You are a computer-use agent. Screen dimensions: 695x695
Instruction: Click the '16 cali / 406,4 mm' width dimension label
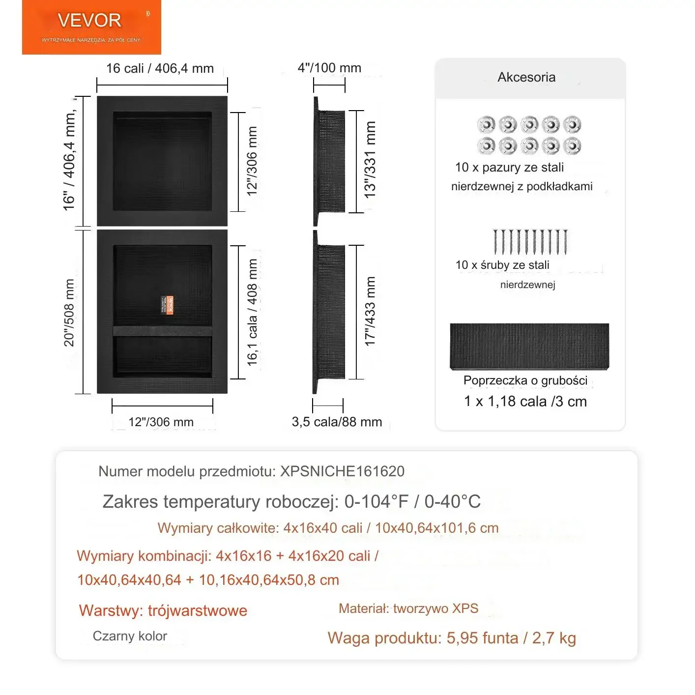click(x=160, y=68)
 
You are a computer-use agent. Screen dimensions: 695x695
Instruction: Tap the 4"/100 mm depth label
click(x=329, y=68)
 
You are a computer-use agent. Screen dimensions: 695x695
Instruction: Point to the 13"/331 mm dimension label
click(x=370, y=160)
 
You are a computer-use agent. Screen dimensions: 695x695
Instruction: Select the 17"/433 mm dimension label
click(x=370, y=311)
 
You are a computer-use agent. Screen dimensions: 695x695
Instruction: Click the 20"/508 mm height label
click(x=69, y=313)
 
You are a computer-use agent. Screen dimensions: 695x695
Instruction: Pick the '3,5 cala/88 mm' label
click(x=337, y=422)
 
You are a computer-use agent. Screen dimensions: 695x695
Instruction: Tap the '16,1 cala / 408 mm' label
click(x=253, y=313)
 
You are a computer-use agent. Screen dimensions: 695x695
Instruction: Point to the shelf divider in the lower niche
click(x=163, y=330)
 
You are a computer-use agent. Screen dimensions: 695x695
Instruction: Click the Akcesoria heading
click(x=526, y=77)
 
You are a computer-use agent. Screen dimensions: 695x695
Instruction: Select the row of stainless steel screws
click(x=530, y=241)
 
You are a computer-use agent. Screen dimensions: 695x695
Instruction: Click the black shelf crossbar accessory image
click(x=529, y=346)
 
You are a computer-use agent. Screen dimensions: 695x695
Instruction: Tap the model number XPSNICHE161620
click(x=342, y=471)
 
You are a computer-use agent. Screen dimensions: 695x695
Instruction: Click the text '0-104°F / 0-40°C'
click(x=412, y=501)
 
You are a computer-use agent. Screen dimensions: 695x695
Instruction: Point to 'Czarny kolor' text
click(x=130, y=636)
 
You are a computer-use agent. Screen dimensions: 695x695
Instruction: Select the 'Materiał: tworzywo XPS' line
click(x=408, y=608)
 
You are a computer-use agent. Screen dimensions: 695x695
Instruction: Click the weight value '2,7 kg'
click(x=554, y=638)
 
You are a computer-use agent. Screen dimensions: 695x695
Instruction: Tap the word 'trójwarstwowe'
click(x=198, y=610)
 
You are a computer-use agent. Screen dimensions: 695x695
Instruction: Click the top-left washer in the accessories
click(x=486, y=124)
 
